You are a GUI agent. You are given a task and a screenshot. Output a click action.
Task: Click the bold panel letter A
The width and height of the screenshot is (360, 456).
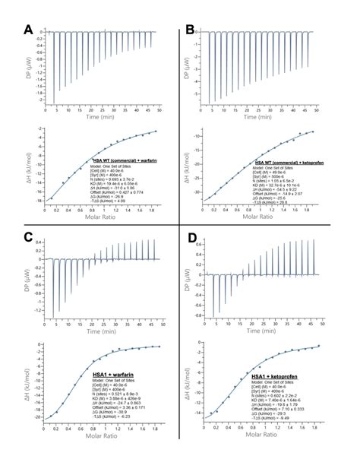(28, 30)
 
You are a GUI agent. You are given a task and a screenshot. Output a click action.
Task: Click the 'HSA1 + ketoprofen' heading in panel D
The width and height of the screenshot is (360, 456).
(270, 377)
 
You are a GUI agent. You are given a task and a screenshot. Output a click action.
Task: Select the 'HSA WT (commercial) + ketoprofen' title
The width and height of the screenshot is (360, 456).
(287, 163)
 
